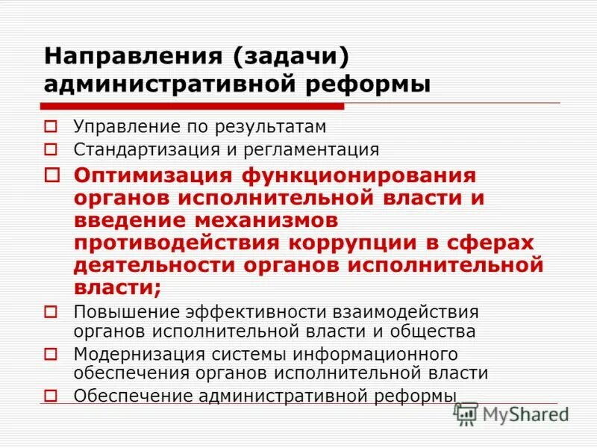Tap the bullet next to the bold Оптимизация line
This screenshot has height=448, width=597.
[x=51, y=176]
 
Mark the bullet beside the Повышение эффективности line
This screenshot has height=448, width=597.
[x=51, y=311]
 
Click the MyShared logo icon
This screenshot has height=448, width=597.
[x=466, y=414]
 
